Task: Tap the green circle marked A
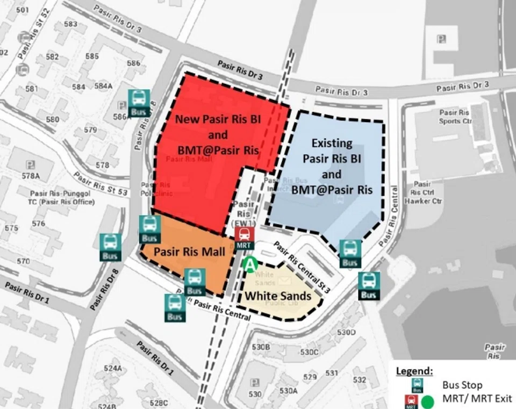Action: click(x=249, y=264)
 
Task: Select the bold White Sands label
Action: click(x=278, y=296)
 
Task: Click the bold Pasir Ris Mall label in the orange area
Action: click(x=182, y=252)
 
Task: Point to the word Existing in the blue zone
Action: click(x=332, y=143)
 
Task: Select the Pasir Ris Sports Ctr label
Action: click(x=455, y=117)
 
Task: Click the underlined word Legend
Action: click(x=414, y=371)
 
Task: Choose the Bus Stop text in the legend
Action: click(x=462, y=385)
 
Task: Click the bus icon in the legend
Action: click(x=417, y=385)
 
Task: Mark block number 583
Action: click(x=70, y=24)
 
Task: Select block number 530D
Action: click(x=346, y=332)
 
